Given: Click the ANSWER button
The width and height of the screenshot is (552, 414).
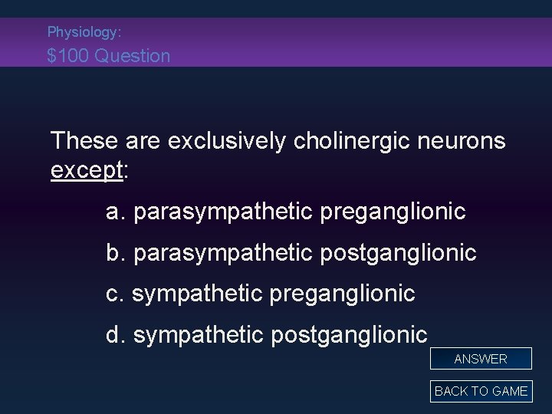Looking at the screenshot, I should (x=481, y=359).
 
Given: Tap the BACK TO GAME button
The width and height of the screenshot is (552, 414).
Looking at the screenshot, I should (x=481, y=391).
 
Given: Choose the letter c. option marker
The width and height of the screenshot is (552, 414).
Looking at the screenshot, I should (x=116, y=293).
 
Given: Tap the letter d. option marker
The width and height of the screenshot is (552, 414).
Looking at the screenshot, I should (x=117, y=333).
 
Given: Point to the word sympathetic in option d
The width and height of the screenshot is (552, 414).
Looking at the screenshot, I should (x=198, y=333).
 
